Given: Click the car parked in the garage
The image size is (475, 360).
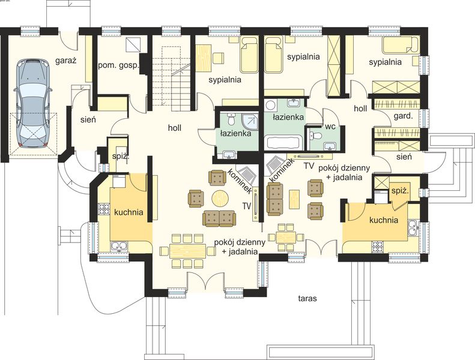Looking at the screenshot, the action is point(32,103).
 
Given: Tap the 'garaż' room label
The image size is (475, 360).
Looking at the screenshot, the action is point(65,61).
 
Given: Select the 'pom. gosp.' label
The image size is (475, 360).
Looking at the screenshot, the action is point(118,65).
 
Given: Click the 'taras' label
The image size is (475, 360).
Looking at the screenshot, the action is point(307,299).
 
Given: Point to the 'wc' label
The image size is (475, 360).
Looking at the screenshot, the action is point(330,127).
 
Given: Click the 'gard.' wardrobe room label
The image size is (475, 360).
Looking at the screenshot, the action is point(403,116).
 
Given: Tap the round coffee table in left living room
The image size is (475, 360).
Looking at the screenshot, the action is point(220,199).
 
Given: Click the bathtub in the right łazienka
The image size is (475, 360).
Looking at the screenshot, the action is point(283,142).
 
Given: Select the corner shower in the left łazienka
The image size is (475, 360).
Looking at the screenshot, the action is point(251,121).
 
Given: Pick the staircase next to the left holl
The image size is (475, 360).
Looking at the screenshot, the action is point(172,78).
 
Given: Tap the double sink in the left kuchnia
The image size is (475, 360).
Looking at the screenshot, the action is point(120,246).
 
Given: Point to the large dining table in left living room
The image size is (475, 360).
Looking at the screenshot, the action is point(188,251).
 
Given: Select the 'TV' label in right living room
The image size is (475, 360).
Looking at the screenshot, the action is point(309,166).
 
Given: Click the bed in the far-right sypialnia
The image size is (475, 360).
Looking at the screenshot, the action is point(401,45).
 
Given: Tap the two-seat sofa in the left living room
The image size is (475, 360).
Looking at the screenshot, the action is point(219,218).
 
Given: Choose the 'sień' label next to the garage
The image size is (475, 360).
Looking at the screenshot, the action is point(88,119).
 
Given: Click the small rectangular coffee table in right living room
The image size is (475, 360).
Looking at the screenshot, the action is point(294,199).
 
